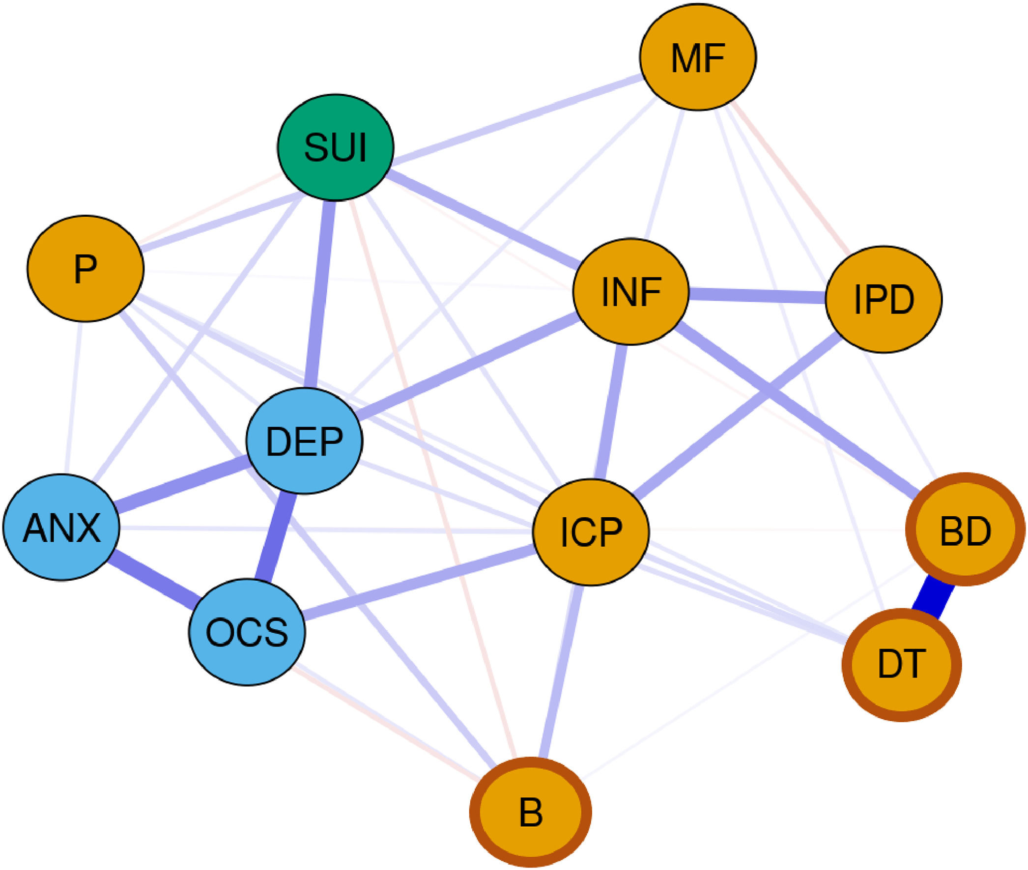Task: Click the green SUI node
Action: coord(336,147)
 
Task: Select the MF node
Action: coord(697,57)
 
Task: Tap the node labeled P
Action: coord(86,269)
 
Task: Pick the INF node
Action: coord(631,291)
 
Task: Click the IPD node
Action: coord(884,299)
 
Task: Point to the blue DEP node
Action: coord(304,441)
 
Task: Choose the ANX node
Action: coord(61,527)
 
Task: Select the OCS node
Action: coord(247,632)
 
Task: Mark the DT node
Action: coord(901,665)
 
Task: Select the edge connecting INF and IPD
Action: coord(757,295)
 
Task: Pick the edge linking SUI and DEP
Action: coord(320,294)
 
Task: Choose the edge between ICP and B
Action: coord(562,671)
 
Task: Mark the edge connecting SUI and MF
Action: coord(515,119)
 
